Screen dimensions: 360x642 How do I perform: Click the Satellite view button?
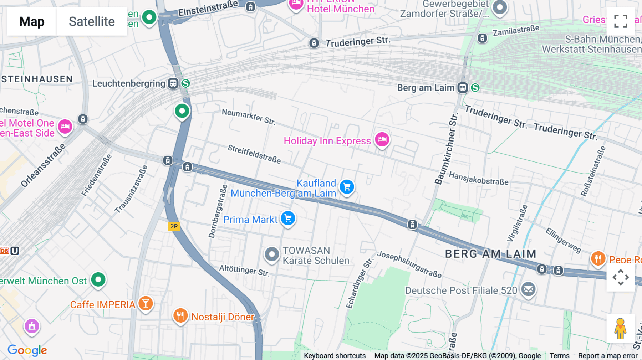[92, 21]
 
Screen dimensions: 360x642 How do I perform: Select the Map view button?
[32, 21]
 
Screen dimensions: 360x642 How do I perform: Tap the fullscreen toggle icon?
[621, 21]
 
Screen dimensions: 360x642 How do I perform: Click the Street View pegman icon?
[620, 328]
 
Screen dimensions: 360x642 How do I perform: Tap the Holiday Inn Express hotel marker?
[382, 139]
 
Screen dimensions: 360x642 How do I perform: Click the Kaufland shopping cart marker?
[347, 187]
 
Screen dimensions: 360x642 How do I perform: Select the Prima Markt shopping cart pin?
[288, 218]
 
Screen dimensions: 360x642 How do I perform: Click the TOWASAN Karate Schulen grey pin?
[272, 254]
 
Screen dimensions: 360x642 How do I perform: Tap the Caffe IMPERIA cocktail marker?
[146, 303]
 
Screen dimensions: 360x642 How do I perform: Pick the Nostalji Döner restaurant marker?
[180, 315]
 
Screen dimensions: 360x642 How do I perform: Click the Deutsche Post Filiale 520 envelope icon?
[528, 289]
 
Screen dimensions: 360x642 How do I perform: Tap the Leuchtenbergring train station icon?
[173, 84]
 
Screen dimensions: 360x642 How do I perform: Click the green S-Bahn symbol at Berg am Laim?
[475, 88]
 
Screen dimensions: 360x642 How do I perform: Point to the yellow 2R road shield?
[174, 226]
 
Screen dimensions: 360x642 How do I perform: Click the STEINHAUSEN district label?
[37, 79]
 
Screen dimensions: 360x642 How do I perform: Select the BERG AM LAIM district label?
[490, 254]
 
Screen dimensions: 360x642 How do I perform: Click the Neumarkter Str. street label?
[249, 117]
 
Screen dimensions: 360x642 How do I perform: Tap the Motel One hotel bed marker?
[65, 126]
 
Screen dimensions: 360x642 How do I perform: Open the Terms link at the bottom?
[559, 355]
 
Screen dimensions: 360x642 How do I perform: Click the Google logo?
[27, 350]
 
